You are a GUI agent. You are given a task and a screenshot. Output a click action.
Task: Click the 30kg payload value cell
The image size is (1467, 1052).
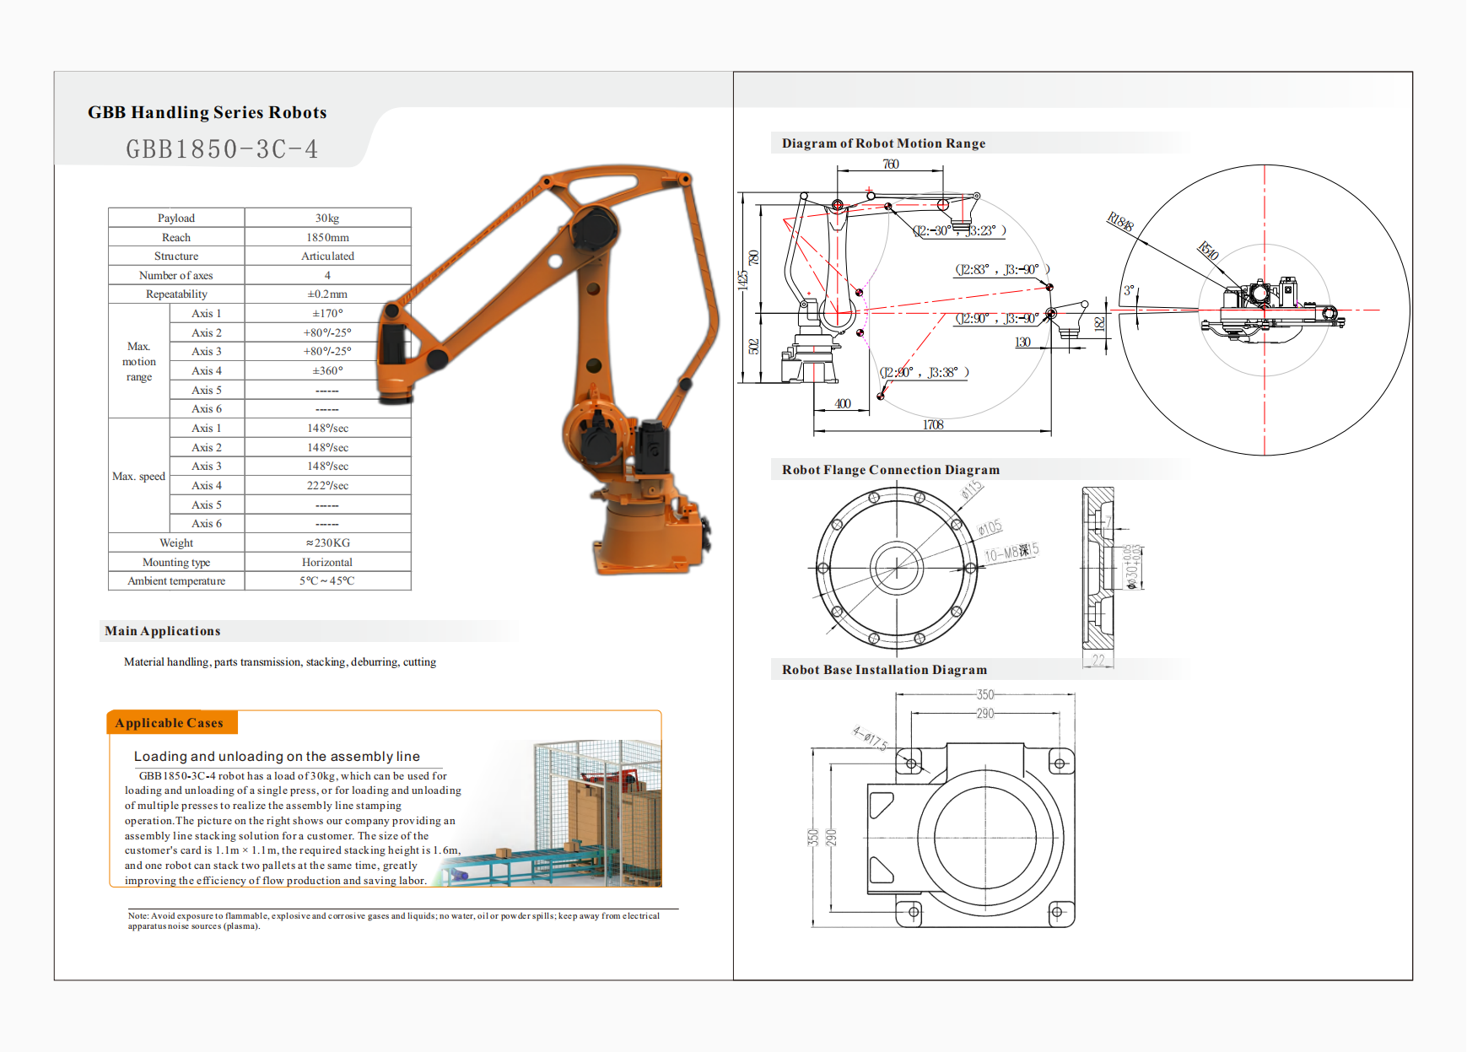coord(327,218)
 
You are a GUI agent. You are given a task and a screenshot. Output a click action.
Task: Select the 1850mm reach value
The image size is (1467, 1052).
coord(327,237)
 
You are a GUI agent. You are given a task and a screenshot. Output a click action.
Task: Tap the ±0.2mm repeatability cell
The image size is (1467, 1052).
coord(327,294)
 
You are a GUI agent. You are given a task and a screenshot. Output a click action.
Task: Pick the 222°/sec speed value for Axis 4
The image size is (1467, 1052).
coord(327,485)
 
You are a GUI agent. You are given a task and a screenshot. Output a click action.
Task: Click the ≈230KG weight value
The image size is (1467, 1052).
coord(327,542)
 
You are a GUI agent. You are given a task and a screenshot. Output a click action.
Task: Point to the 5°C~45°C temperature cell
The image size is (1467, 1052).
coord(327,580)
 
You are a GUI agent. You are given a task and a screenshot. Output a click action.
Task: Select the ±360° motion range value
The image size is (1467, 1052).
coord(327,370)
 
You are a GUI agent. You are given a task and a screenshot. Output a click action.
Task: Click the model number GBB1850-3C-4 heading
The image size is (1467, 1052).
coord(222,149)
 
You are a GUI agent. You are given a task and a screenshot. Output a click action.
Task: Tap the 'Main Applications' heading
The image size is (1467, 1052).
coord(163,631)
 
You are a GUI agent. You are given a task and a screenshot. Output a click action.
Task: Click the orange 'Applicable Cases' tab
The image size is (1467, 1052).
coord(170,723)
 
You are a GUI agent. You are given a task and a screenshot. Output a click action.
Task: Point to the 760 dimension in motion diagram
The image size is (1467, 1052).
coord(891,164)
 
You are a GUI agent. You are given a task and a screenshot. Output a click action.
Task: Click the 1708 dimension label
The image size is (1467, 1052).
coord(933,424)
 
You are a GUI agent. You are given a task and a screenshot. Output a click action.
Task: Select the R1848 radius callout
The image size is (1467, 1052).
coord(1120,222)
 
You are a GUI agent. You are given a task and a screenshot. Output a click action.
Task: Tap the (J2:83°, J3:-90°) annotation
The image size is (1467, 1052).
coord(1001,269)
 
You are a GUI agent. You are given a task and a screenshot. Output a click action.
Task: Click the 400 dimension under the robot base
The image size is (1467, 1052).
coord(842,403)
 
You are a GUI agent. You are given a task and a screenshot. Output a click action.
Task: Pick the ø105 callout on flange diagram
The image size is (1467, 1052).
coord(990,527)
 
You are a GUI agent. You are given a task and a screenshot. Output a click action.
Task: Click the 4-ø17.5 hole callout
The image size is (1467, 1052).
coord(870,738)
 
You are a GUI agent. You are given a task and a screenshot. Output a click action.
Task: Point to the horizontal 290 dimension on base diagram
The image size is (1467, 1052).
coord(985,714)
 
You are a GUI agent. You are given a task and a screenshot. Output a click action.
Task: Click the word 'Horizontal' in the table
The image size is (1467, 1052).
coord(327,562)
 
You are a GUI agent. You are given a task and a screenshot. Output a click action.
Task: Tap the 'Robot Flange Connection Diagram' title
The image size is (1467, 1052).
coord(891,470)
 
